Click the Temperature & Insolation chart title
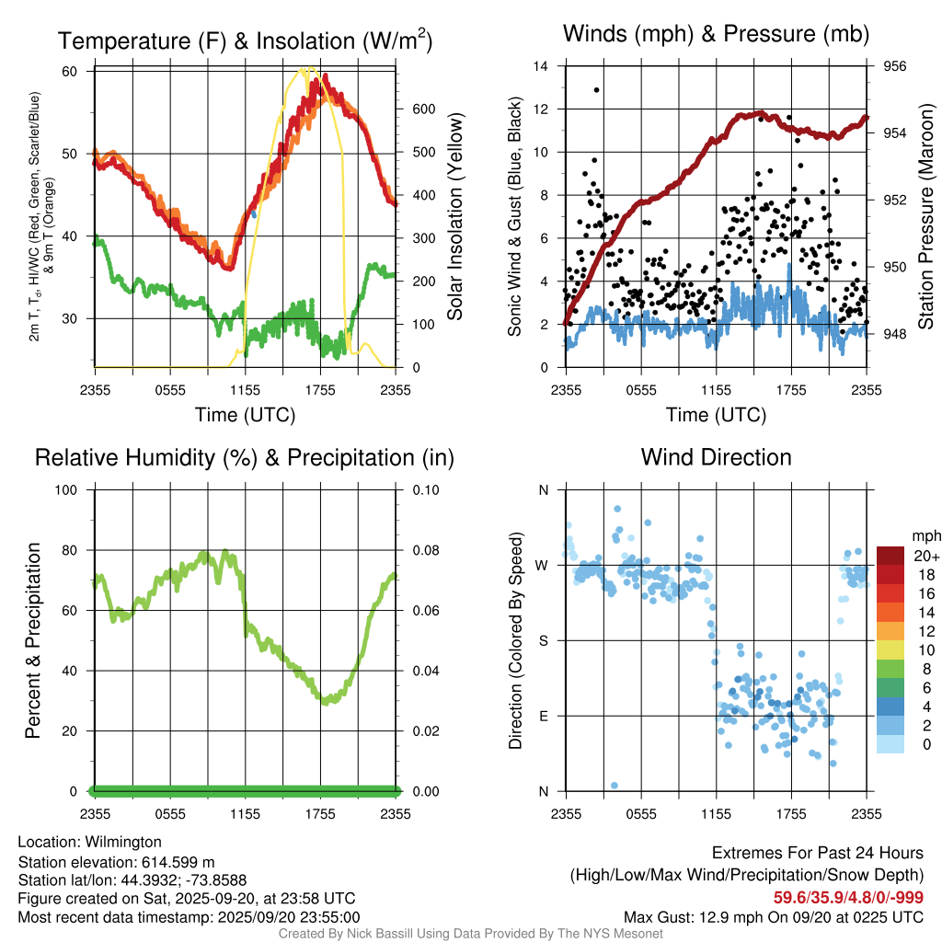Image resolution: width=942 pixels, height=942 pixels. (x=245, y=40)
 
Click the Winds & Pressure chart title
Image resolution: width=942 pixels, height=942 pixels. (x=717, y=34)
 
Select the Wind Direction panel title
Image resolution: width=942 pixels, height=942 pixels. (x=716, y=457)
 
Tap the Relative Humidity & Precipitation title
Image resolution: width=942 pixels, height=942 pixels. (x=244, y=457)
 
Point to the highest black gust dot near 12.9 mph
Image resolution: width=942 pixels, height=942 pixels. (x=597, y=90)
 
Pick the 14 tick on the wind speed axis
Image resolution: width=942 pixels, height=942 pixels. (x=541, y=66)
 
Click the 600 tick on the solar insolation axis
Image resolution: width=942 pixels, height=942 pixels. (x=423, y=109)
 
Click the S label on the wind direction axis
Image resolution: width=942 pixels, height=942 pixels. (x=543, y=640)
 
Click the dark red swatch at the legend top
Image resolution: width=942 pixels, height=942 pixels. (x=890, y=556)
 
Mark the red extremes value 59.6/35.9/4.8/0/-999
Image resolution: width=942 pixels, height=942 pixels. (x=847, y=897)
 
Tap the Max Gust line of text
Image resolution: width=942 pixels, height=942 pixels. (x=774, y=916)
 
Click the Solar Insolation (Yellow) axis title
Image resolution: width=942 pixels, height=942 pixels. (x=455, y=217)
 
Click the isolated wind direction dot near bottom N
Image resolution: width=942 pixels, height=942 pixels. (x=614, y=785)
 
